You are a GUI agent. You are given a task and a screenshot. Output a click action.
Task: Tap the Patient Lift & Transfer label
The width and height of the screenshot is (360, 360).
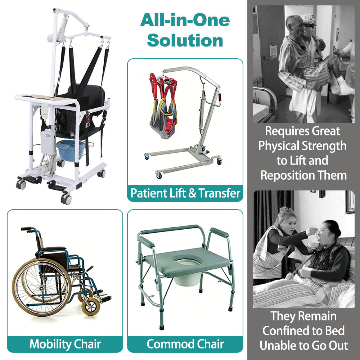pyautogui.click(x=185, y=193)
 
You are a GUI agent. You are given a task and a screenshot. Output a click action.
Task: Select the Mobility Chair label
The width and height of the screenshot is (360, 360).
pyautogui.click(x=65, y=343)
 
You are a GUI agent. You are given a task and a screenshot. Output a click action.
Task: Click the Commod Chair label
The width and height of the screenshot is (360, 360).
pyautogui.click(x=185, y=343)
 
